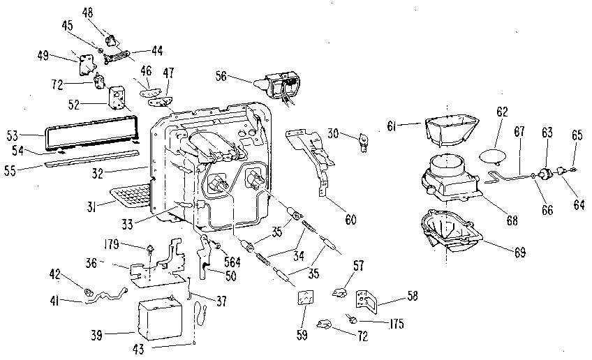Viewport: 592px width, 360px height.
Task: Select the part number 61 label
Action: pos(392,126)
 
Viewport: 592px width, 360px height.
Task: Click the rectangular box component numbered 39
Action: pos(164,319)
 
